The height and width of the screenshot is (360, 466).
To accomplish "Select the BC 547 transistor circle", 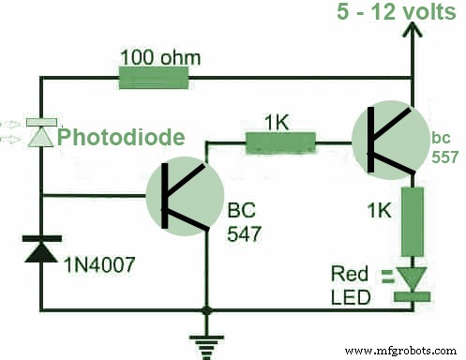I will pyautogui.click(x=184, y=195).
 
